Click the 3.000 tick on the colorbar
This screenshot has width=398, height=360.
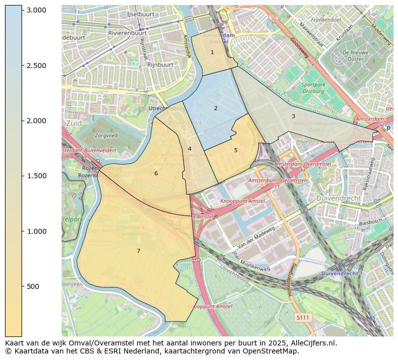pos(36,11)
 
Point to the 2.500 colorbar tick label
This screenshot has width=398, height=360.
pos(36,66)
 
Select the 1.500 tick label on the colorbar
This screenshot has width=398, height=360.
pos(36,176)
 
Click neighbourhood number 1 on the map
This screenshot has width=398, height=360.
pos(212,52)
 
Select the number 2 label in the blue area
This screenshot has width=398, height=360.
pos(216,108)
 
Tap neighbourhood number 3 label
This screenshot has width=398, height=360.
pos(293,116)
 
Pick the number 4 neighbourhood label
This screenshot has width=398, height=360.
pos(189,149)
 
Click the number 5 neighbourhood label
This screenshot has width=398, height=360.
pos(236,150)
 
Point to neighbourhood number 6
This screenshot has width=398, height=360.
pos(156,173)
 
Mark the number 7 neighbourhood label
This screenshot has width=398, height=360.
pos(138,251)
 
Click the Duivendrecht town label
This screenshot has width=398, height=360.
pos(339,198)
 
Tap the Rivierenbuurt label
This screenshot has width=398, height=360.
pos(127,33)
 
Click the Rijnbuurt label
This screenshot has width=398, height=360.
pos(160,65)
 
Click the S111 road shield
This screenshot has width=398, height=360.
pos(303,317)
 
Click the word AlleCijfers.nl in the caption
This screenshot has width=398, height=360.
pos(314,343)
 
